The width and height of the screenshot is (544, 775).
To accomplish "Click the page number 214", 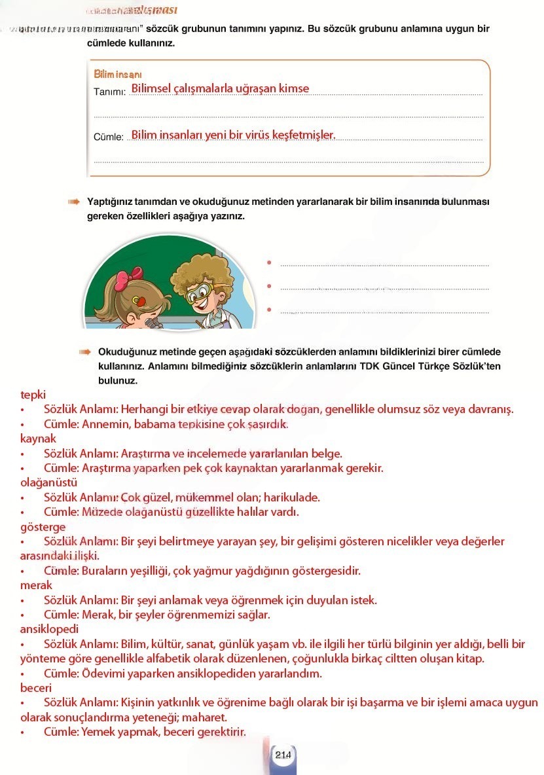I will [283, 755].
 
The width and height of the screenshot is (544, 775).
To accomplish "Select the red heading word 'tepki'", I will [33, 395].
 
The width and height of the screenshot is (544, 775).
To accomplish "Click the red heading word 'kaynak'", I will [38, 439].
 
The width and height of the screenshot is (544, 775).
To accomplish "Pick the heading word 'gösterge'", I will [43, 526].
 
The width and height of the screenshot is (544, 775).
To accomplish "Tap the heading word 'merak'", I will [36, 585].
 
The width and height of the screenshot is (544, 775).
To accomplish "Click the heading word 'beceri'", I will [35, 687].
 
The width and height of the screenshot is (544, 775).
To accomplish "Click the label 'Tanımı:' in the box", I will [109, 92].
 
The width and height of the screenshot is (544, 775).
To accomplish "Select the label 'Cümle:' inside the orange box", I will [109, 137].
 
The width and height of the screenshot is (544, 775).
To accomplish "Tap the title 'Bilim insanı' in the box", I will [118, 75].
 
